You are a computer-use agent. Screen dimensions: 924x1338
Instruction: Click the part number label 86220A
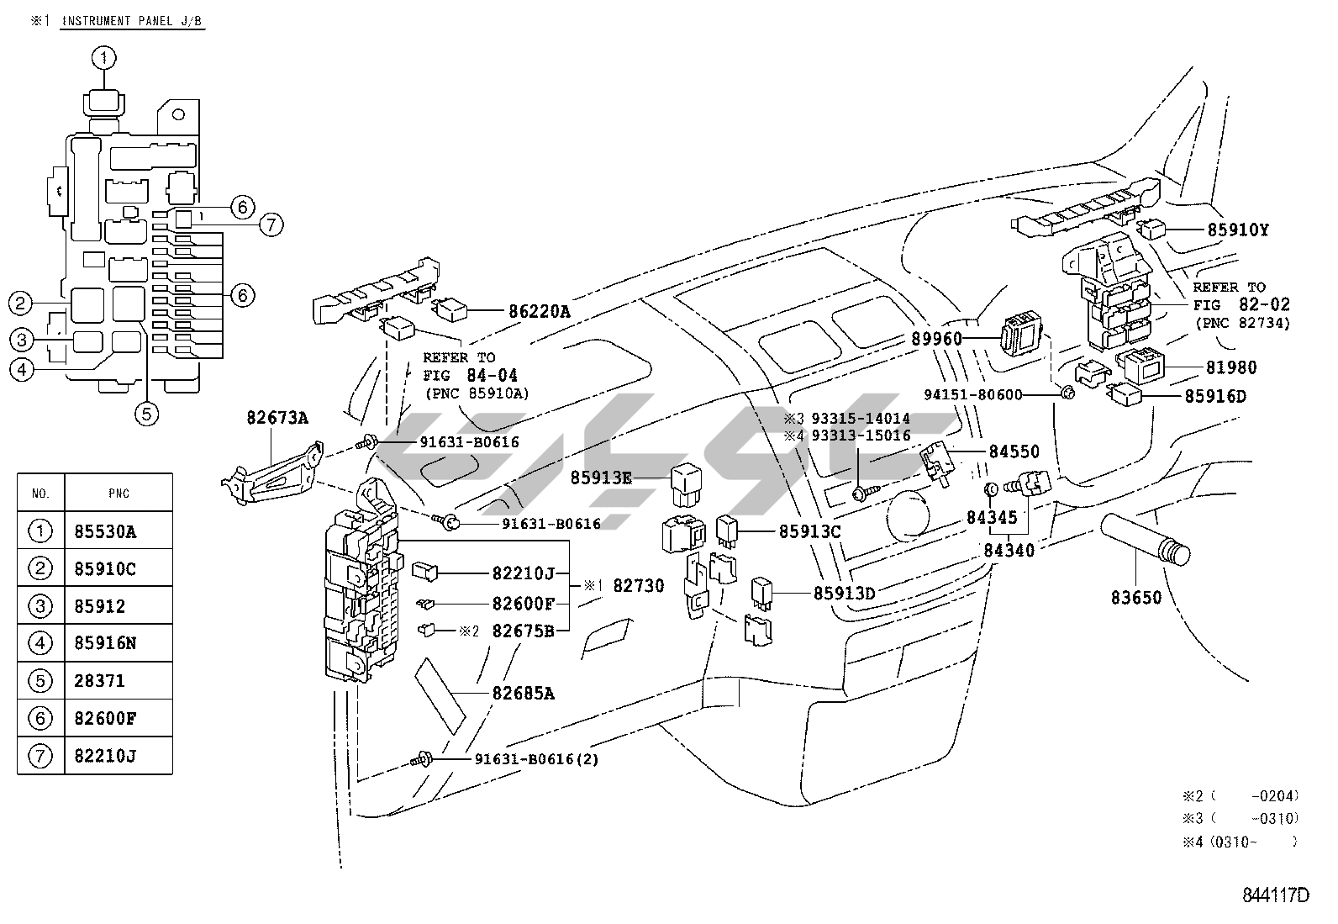(x=540, y=311)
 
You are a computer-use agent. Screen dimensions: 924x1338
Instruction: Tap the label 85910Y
(x=1238, y=229)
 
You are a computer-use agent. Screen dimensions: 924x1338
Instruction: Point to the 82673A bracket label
(x=277, y=418)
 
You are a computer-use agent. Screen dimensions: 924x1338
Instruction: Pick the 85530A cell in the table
(x=105, y=531)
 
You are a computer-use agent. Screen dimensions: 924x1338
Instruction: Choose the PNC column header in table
(x=119, y=494)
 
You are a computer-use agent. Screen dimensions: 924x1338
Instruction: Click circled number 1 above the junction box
(x=104, y=58)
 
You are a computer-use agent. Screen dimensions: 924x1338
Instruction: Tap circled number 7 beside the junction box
(x=271, y=224)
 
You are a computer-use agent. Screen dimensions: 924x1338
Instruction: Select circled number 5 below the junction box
(x=147, y=414)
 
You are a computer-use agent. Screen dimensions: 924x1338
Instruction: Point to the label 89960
(x=936, y=339)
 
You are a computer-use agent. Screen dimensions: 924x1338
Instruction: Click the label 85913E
(x=601, y=478)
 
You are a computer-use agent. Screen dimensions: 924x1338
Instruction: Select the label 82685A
(x=524, y=694)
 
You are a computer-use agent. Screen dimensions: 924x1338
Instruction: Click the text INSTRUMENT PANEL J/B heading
(x=133, y=21)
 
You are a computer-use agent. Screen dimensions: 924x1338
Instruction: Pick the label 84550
(x=1014, y=451)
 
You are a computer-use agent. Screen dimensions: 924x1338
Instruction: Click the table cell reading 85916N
(x=105, y=643)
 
